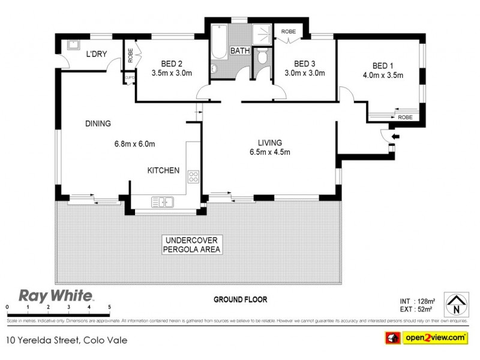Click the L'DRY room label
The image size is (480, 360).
(x=96, y=55)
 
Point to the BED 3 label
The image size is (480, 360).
(x=304, y=64)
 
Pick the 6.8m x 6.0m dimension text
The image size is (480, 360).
(x=135, y=144)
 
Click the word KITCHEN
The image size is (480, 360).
(x=163, y=170)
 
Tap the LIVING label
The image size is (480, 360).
(x=270, y=143)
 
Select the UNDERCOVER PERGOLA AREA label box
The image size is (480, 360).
(x=192, y=244)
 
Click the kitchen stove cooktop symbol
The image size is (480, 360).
(x=194, y=176)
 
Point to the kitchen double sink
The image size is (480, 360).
(x=162, y=202)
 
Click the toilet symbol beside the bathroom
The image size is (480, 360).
(x=262, y=58)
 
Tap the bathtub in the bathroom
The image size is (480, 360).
(x=217, y=48)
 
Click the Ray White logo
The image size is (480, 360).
(x=56, y=296)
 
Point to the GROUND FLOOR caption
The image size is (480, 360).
(x=240, y=299)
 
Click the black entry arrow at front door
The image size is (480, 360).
(x=393, y=137)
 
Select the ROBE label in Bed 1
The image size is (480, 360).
(x=405, y=118)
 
